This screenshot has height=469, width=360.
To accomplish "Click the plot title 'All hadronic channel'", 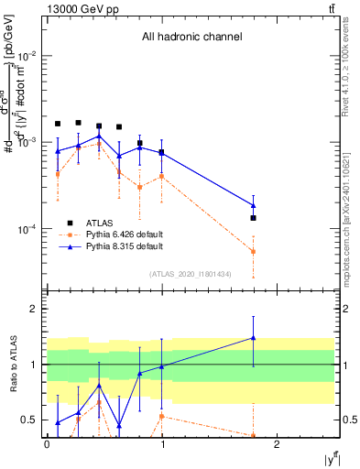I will (x=191, y=38).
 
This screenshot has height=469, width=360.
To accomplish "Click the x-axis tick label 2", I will (x=278, y=444).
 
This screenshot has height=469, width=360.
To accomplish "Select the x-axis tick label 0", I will (x=47, y=444).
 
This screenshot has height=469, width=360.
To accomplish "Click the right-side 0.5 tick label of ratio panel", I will (x=346, y=420).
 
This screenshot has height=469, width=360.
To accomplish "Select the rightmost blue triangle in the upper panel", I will (x=253, y=205).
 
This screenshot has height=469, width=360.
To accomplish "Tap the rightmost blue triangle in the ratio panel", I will (x=253, y=338).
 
